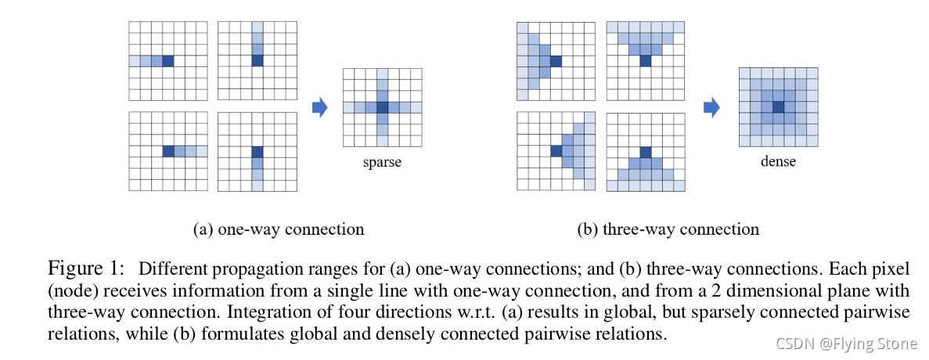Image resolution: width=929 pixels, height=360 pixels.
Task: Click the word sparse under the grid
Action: (x=382, y=163)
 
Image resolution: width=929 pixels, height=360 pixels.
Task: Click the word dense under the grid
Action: (x=778, y=161)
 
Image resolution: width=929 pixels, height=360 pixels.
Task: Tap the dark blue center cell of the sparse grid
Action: (x=382, y=107)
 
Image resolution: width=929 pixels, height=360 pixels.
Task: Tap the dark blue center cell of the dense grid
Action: (x=778, y=107)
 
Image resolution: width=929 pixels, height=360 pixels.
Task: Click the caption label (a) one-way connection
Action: (x=279, y=229)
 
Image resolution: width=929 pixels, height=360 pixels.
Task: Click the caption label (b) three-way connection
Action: (x=668, y=229)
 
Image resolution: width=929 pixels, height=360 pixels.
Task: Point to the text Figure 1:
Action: (x=86, y=269)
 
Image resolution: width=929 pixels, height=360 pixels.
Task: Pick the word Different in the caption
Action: (x=171, y=269)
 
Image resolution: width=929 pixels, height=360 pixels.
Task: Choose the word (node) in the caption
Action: (x=68, y=291)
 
